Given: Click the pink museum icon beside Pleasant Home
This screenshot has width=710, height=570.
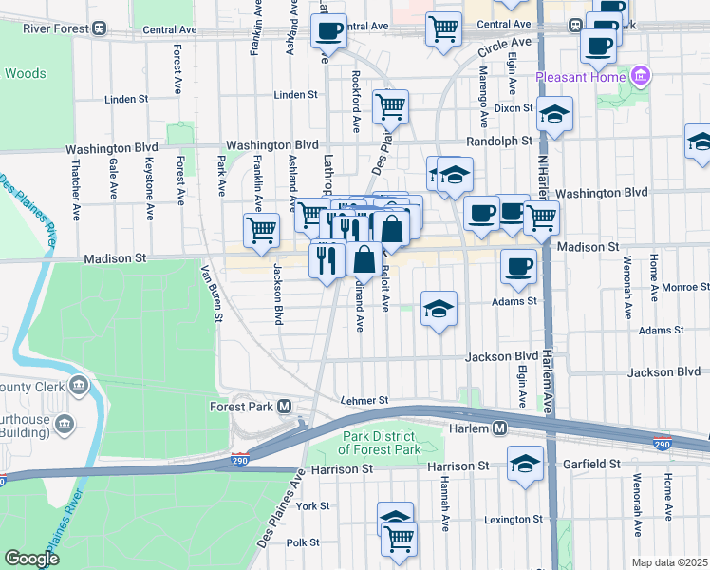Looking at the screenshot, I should [641, 76].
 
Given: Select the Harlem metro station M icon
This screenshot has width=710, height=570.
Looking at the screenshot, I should [498, 429].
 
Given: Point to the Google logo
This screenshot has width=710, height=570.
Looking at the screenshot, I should [31, 559].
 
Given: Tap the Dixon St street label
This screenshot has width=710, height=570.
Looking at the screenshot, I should [514, 108].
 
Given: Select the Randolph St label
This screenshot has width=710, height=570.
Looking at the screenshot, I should [501, 141].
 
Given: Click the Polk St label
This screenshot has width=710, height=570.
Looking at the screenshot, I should [303, 542].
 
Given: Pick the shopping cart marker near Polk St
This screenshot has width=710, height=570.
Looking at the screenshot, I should [399, 539].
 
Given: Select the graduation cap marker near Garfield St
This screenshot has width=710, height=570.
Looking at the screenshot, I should [525, 464].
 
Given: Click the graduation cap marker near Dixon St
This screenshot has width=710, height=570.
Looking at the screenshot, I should [554, 115].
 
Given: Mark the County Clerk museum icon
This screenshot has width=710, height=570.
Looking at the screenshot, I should [78, 387].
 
